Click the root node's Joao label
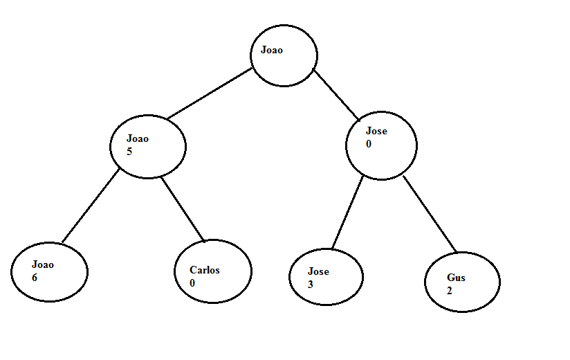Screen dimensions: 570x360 pyautogui.click(x=272, y=50)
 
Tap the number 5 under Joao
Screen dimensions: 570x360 pyautogui.click(x=129, y=152)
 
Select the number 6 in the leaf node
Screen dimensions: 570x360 pyautogui.click(x=35, y=278)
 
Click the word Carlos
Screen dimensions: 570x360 pyautogui.click(x=205, y=270)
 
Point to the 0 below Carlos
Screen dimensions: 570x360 pyautogui.click(x=192, y=283)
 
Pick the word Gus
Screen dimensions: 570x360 pyautogui.click(x=456, y=278)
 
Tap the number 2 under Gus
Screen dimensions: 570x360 pyautogui.click(x=450, y=291)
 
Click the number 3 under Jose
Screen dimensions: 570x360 pyautogui.click(x=310, y=285)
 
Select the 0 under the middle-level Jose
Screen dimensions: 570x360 pyautogui.click(x=369, y=144)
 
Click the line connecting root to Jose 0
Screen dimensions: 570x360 pyautogui.click(x=336, y=95)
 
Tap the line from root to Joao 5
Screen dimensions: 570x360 pyautogui.click(x=210, y=93)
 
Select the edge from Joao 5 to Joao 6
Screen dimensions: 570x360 pyautogui.click(x=91, y=206)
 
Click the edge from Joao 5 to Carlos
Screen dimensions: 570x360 pyautogui.click(x=183, y=208)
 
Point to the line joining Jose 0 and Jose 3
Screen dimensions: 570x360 pyautogui.click(x=347, y=213)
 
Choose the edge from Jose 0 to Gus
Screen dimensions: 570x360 pyautogui.click(x=430, y=214)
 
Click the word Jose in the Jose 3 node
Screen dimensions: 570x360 pyautogui.click(x=318, y=271)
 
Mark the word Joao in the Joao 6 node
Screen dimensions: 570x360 pyautogui.click(x=43, y=264)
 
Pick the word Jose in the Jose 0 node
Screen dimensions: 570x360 pyautogui.click(x=376, y=131)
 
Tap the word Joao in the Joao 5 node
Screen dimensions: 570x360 pyautogui.click(x=138, y=138)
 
